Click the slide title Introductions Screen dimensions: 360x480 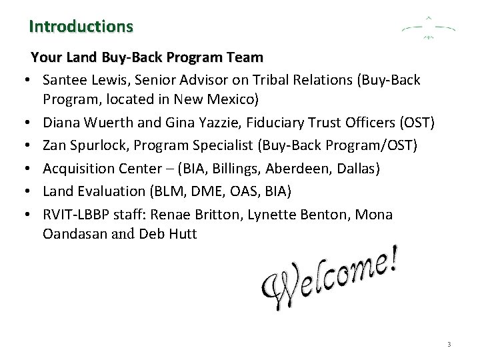point(81,27)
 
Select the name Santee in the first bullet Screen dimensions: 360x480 point(63,80)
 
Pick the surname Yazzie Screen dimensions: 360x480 point(204,124)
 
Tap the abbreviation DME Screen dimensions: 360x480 point(209,191)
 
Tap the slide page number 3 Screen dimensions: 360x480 point(449,345)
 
